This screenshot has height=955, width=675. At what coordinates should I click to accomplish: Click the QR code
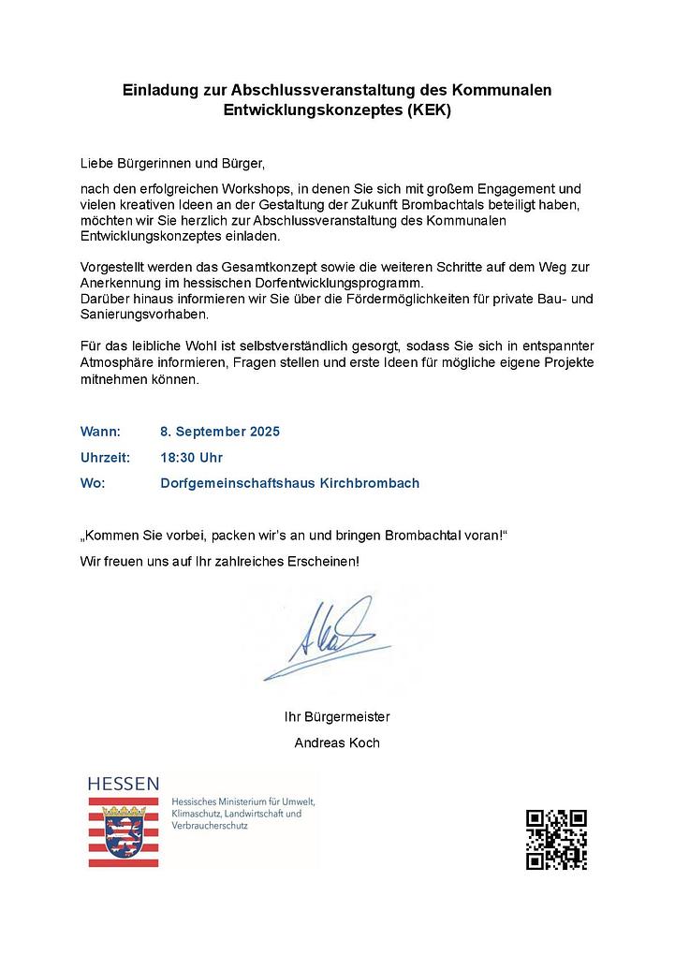(x=556, y=840)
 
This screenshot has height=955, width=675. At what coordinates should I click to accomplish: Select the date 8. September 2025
(x=220, y=432)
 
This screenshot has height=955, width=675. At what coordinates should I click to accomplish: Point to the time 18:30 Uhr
(x=191, y=458)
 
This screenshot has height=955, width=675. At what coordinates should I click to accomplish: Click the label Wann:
(x=100, y=432)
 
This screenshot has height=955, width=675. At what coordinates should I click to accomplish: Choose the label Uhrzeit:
(x=105, y=458)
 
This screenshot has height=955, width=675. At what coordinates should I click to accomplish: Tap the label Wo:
(x=93, y=483)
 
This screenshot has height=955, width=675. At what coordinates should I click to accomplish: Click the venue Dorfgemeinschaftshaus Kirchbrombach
(x=289, y=483)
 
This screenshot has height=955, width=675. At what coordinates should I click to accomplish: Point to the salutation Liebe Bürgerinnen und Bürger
(x=173, y=162)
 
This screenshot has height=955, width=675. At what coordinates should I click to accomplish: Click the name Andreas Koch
(x=337, y=743)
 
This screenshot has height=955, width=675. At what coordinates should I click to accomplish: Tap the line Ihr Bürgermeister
(x=337, y=717)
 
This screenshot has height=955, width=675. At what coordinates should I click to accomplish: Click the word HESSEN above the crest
(x=123, y=784)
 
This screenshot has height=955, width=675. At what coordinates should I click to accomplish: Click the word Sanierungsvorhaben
(x=139, y=315)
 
